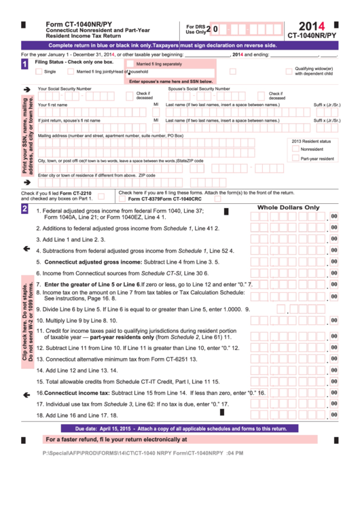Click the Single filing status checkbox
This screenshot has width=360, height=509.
(x=38, y=71)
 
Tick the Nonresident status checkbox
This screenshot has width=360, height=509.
(x=295, y=149)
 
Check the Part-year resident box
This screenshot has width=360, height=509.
(x=295, y=158)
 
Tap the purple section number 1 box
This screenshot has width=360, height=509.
(x=25, y=65)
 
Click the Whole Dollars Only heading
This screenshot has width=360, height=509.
(x=288, y=207)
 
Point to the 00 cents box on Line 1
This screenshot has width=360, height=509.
(x=334, y=217)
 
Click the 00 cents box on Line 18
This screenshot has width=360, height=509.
(x=334, y=414)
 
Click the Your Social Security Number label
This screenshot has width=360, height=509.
(x=65, y=89)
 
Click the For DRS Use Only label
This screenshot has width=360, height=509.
(x=196, y=29)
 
